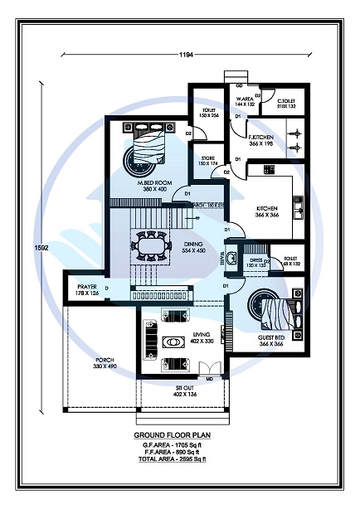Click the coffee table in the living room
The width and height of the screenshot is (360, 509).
tap(176, 342)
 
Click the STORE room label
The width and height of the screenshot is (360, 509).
tap(208, 160)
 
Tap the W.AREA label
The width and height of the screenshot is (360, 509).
tap(246, 102)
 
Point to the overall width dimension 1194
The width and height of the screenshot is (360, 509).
tap(186, 55)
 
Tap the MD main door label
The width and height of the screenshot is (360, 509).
tap(209, 379)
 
